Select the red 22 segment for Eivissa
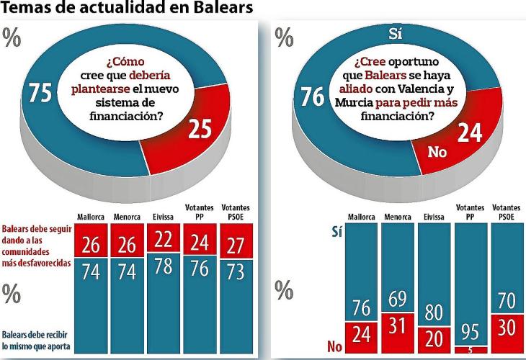coord(164,238)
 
